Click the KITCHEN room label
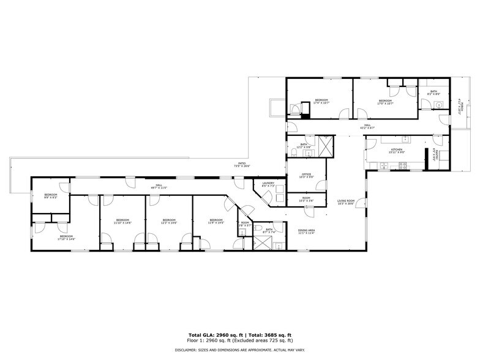[397, 150]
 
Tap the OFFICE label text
[306, 174]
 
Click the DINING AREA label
[306, 230]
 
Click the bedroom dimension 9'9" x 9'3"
[50, 198]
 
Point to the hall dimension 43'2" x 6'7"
[368, 128]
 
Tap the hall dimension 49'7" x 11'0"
[158, 188]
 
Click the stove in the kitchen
[403, 165]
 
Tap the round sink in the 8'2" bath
[440, 105]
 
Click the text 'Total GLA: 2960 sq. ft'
[215, 335]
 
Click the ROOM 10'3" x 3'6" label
[306, 199]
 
